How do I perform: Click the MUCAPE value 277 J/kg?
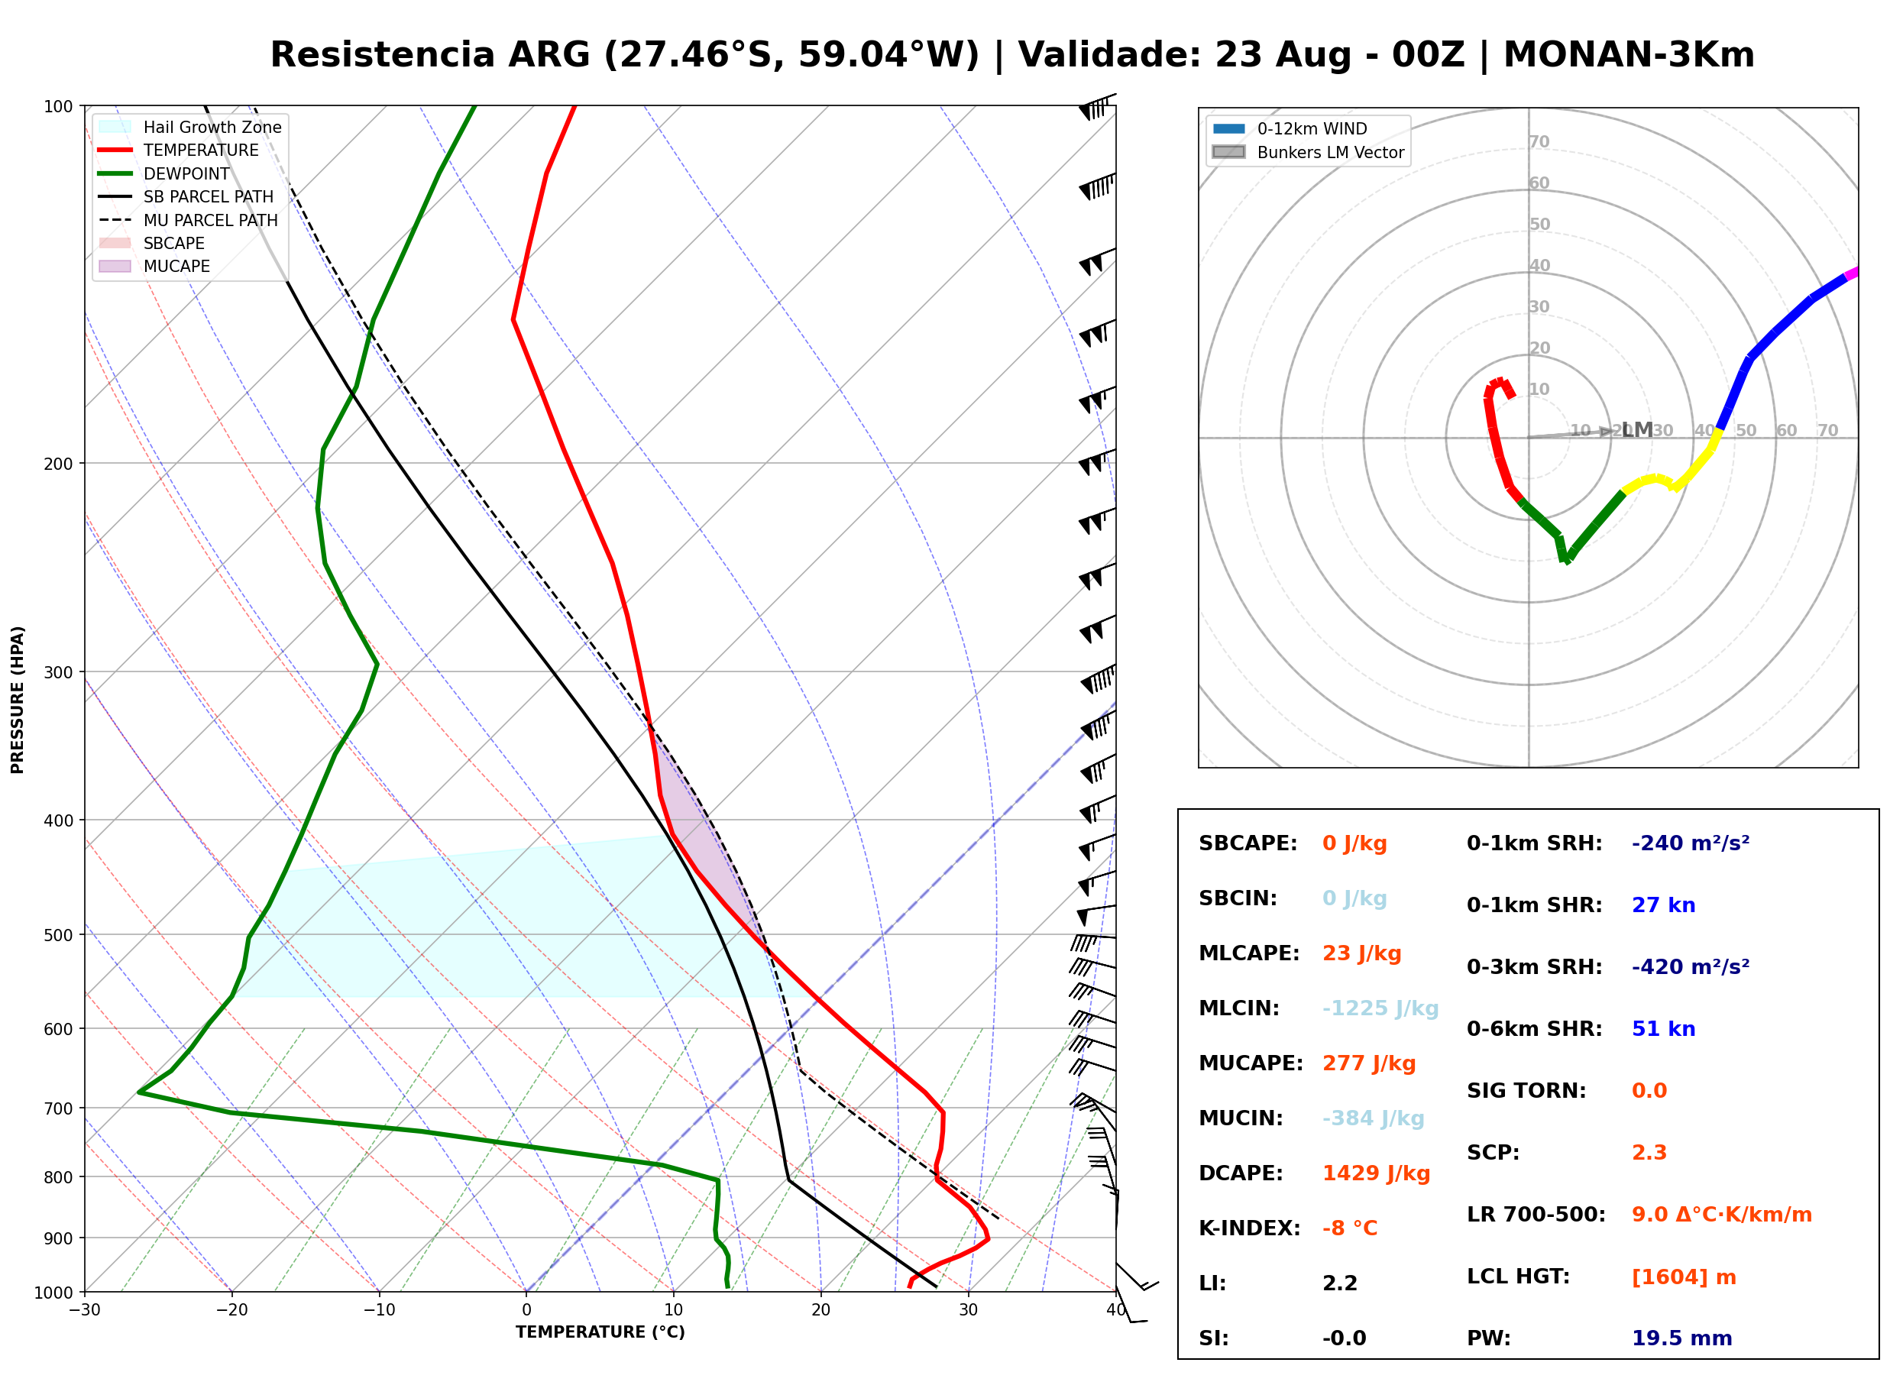tap(1368, 1063)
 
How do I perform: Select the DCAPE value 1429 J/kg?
tap(1376, 1173)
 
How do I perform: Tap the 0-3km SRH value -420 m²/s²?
tap(1690, 966)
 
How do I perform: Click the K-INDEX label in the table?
tap(1249, 1228)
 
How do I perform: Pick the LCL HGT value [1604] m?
tap(1683, 1277)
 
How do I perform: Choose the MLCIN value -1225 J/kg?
tap(1380, 1008)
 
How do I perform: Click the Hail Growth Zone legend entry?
tap(190, 127)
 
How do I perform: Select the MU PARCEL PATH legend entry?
tap(189, 220)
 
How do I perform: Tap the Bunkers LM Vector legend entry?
tap(1308, 152)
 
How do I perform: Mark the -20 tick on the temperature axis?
tap(231, 1310)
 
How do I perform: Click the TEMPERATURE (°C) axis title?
tap(600, 1332)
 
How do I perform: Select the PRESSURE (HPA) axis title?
tap(17, 699)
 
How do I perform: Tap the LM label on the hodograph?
tap(1637, 430)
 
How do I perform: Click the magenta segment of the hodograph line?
tap(1851, 273)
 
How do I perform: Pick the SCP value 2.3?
tap(1649, 1153)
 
